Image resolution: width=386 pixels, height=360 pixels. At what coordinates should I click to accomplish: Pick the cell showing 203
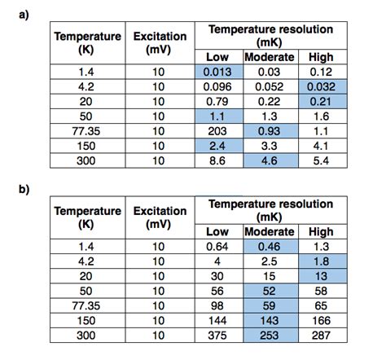coord(217,130)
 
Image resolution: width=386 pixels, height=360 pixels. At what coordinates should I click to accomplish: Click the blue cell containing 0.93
coord(270,130)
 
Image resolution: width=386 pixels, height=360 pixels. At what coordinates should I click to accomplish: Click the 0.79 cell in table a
coord(217,101)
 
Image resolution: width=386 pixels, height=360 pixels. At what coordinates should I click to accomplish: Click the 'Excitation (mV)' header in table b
coord(160,216)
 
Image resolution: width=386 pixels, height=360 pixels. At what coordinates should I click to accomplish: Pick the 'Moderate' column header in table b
coord(270,231)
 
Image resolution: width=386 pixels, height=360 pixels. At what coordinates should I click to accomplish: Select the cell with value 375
coord(217,336)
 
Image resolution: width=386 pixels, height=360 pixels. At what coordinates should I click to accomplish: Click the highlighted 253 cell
coord(270,336)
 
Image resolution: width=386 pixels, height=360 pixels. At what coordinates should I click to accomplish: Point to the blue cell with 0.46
coord(270,246)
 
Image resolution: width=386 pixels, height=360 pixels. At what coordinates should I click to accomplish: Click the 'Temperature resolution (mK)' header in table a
coord(270,34)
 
